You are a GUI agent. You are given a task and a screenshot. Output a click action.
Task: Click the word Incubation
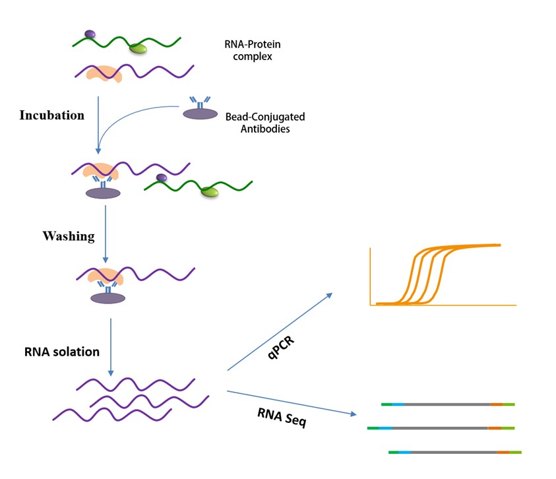(x=52, y=115)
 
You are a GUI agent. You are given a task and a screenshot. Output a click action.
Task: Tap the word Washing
(x=69, y=236)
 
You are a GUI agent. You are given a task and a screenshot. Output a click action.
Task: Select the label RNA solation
(x=62, y=352)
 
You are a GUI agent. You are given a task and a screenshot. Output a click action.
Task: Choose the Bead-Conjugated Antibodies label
(x=265, y=123)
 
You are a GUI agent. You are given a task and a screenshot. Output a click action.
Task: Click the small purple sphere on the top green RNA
(x=90, y=34)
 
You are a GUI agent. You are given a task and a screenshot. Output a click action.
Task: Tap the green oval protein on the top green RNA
(x=138, y=48)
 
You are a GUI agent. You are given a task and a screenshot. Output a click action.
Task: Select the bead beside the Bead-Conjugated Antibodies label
(x=200, y=113)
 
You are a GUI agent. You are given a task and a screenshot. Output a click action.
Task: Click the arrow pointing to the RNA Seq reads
(x=290, y=403)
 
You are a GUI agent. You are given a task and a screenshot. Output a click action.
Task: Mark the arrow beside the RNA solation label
(x=110, y=346)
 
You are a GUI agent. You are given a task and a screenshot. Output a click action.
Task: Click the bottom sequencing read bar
(x=455, y=452)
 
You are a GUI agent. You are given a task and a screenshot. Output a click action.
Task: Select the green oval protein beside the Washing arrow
(x=210, y=191)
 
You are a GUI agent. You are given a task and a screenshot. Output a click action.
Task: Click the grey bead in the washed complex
(x=108, y=298)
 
